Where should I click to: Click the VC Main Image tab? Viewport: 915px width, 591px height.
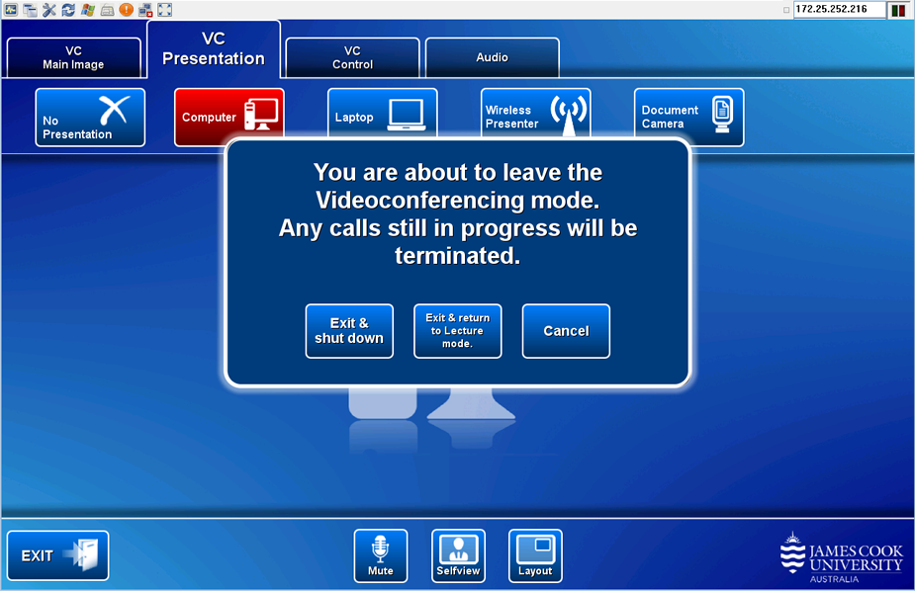(x=73, y=57)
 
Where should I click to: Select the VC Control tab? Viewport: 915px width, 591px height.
(x=352, y=57)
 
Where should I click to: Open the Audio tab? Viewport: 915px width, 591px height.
(x=492, y=57)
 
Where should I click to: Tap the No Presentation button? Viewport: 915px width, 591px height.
(x=90, y=118)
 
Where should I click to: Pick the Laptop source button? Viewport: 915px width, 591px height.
(x=382, y=113)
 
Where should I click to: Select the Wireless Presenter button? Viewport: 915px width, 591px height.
(x=536, y=113)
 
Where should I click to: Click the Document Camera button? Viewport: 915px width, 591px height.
(x=689, y=118)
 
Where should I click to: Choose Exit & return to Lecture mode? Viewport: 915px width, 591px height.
(x=457, y=331)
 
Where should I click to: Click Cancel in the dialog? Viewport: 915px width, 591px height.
(x=566, y=331)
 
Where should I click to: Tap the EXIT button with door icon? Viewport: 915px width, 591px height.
(x=57, y=555)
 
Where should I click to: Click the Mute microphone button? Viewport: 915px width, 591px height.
(x=381, y=556)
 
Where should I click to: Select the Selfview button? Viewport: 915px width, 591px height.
(x=458, y=556)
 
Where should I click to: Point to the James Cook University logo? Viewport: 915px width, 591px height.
(x=841, y=557)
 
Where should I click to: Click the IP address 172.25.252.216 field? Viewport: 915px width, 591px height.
(x=839, y=9)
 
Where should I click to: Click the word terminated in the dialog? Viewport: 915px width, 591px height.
(x=457, y=256)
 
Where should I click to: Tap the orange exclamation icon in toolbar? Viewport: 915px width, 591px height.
(x=126, y=9)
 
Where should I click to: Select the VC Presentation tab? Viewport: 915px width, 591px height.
(x=214, y=49)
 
